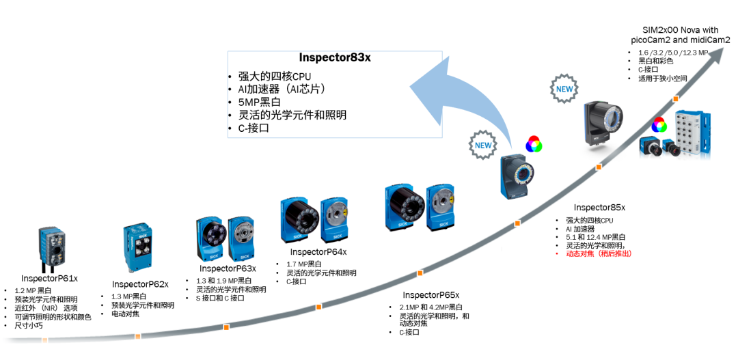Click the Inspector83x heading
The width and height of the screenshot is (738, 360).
pos(335,57)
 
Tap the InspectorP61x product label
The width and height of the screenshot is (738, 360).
pos(50,278)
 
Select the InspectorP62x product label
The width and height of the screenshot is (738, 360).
pos(140,283)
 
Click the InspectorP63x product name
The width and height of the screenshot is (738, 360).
pos(228,268)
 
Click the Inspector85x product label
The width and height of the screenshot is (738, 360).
pos(599,207)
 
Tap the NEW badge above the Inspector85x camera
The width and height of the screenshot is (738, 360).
pos(564,89)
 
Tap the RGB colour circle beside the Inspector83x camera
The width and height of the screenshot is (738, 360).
pos(533,145)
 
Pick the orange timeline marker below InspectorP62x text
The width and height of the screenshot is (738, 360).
pos(137,336)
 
